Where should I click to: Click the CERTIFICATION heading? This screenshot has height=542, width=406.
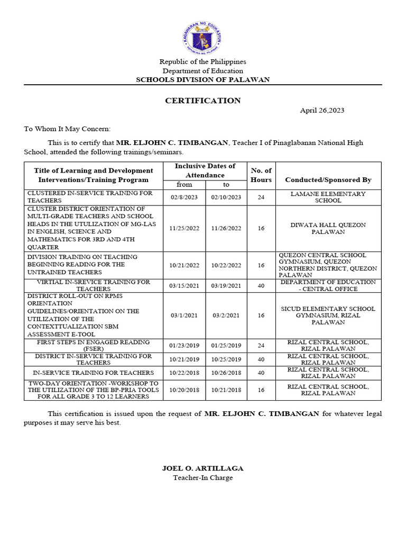(x=202, y=101)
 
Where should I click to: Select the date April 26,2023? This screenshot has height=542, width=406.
(x=322, y=111)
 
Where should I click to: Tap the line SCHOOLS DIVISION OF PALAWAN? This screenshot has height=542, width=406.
(x=202, y=80)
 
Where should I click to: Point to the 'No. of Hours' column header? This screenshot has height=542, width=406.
(x=261, y=175)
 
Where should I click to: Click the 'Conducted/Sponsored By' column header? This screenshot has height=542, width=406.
(x=328, y=180)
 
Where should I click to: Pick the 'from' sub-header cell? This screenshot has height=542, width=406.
(x=184, y=185)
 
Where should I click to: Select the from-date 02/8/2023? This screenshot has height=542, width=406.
(x=184, y=197)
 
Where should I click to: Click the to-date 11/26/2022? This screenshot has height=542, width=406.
(x=226, y=229)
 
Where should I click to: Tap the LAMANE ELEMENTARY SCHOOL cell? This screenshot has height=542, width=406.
(x=328, y=197)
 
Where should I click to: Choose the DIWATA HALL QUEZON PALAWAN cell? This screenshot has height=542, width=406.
(x=328, y=229)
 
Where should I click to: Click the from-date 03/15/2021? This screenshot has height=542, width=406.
(x=184, y=286)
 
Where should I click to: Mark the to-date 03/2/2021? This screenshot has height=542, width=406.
(x=226, y=315)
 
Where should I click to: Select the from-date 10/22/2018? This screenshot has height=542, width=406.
(x=184, y=373)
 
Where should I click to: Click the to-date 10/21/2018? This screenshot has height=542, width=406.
(x=226, y=390)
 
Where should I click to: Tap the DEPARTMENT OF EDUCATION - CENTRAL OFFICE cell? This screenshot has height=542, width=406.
(x=328, y=286)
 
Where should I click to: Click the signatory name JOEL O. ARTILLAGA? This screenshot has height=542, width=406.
(x=202, y=468)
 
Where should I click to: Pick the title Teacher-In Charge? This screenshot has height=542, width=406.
(x=202, y=478)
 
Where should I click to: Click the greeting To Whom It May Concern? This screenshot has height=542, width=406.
(x=67, y=129)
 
